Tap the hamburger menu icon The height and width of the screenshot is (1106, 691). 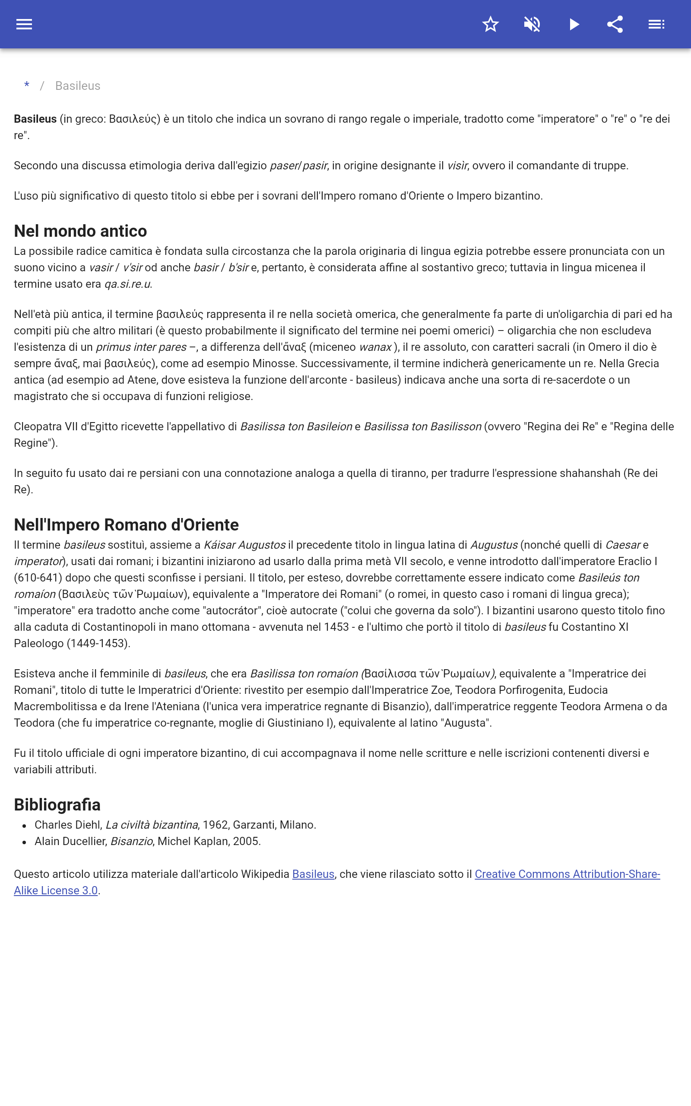pos(24,24)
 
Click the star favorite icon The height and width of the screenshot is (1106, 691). pos(490,24)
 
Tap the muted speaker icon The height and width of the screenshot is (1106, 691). pos(532,24)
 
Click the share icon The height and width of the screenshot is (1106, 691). pos(615,24)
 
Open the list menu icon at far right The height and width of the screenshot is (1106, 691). pos(656,24)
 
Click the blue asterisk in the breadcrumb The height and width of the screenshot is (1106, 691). pos(27,86)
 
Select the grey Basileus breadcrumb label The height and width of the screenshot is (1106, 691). pos(78,86)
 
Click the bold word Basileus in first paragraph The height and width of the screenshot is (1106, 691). pos(35,119)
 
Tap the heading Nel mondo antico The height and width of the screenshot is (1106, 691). pos(80,231)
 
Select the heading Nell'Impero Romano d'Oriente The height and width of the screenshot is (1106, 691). pos(126,524)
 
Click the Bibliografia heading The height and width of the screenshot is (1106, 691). pos(57,804)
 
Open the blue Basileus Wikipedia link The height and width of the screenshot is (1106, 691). pos(313,874)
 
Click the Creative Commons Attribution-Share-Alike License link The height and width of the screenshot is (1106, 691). pos(567,874)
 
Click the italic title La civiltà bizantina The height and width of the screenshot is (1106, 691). pos(152,824)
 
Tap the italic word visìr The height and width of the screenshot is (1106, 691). pos(457,165)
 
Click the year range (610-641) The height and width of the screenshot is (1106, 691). pos(38,578)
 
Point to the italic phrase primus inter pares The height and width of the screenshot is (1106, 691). pos(141,347)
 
